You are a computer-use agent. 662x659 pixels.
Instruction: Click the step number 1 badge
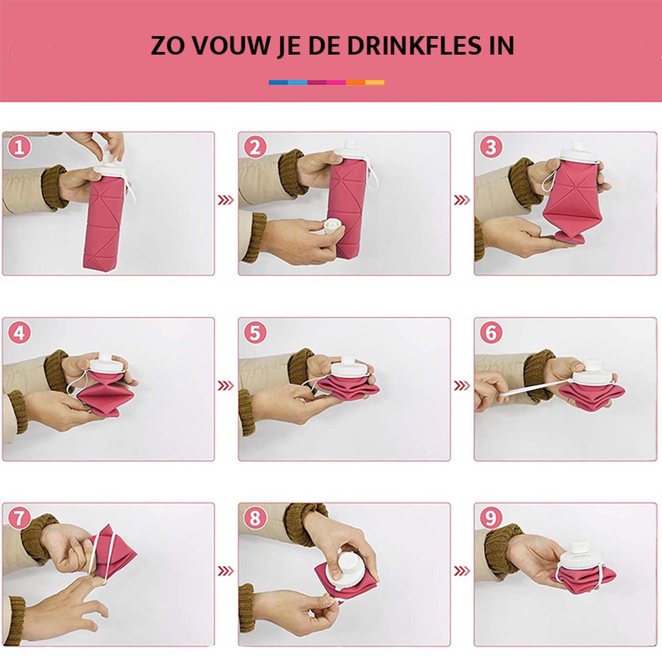(x=19, y=147)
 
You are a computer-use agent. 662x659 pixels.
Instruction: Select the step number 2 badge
(x=255, y=147)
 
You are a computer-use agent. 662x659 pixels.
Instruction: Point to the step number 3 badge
(x=490, y=147)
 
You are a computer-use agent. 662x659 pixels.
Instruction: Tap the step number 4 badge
(x=19, y=333)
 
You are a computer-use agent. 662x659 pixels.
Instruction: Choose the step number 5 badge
(x=255, y=333)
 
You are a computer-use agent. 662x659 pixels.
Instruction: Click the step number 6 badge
(x=490, y=333)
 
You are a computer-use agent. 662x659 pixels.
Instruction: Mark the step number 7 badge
(x=19, y=518)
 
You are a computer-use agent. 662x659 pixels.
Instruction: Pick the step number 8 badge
(x=255, y=518)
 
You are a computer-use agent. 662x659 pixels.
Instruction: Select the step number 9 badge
(x=490, y=518)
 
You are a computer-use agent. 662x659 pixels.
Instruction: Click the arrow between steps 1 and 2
(x=226, y=200)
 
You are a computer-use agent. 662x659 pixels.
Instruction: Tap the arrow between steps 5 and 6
(x=462, y=385)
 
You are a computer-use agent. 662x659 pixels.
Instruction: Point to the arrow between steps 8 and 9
(x=462, y=571)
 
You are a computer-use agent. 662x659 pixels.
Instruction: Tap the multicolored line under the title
(x=327, y=83)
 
